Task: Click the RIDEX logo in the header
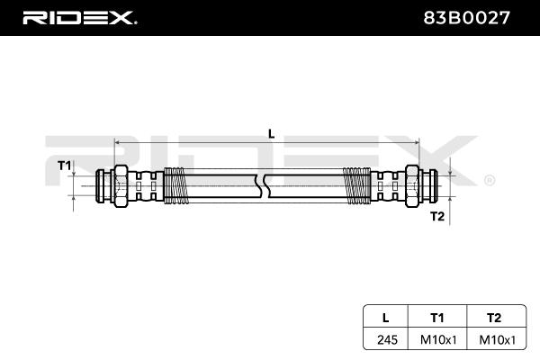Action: click(x=78, y=17)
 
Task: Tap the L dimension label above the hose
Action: click(x=271, y=133)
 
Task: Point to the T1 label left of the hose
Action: click(x=64, y=166)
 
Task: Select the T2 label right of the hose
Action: click(x=437, y=216)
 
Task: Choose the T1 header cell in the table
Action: click(x=438, y=316)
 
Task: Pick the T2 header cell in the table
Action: click(x=494, y=316)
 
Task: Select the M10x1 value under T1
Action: click(x=438, y=339)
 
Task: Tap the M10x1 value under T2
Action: click(x=494, y=339)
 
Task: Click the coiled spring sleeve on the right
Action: click(x=358, y=185)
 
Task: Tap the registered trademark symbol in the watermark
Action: click(x=489, y=179)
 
